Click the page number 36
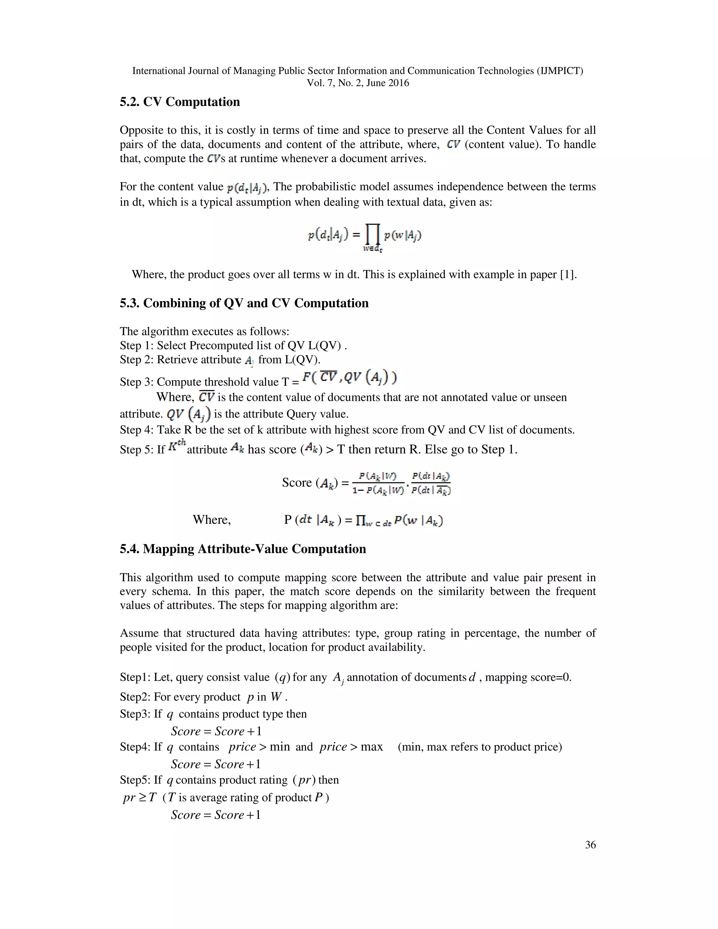click(590, 853)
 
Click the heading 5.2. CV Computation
click(179, 102)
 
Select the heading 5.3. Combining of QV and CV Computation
click(244, 303)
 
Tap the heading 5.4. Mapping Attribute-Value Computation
click(243, 549)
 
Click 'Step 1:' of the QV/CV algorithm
click(136, 346)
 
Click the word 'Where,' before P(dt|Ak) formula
click(211, 520)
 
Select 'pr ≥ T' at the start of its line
click(140, 798)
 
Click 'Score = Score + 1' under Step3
click(216, 732)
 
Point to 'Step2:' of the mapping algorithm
click(135, 697)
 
